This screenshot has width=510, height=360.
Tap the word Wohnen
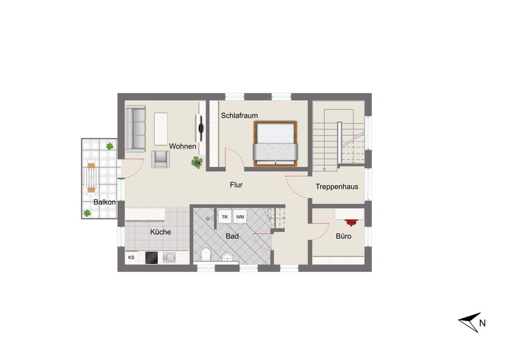click(183, 146)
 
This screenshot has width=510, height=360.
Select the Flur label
click(237, 184)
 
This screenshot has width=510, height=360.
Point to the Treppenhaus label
click(337, 187)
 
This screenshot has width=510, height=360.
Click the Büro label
click(343, 235)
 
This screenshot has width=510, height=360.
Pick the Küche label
click(161, 232)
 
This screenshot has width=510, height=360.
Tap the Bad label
click(232, 235)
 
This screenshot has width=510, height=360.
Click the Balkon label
click(105, 202)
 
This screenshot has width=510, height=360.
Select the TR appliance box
click(224, 217)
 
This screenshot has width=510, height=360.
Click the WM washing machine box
click(240, 217)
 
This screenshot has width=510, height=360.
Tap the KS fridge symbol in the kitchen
click(131, 258)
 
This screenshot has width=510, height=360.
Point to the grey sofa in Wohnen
click(136, 129)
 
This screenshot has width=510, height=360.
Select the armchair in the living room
click(161, 159)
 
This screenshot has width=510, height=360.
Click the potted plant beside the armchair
click(197, 162)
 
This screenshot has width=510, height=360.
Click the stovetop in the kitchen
click(152, 258)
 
